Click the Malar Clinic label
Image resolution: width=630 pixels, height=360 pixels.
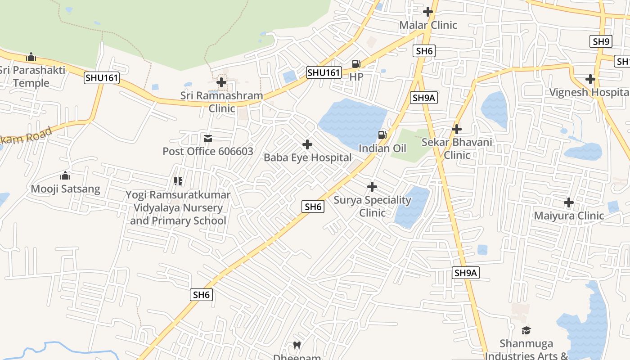(428, 25)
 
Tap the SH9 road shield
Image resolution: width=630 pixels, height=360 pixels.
(601, 42)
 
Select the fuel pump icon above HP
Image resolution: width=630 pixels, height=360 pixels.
(356, 64)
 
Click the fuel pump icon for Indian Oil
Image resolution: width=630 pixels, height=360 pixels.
(382, 135)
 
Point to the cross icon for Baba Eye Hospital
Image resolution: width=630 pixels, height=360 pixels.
(307, 144)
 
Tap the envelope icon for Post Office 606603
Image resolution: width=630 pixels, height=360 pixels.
(208, 138)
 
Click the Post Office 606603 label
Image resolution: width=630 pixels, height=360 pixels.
(208, 151)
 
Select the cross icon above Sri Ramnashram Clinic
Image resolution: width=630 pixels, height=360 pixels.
(221, 82)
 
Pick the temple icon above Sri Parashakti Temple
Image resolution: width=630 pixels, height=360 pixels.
(31, 57)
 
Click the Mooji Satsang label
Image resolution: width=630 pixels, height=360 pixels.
(65, 189)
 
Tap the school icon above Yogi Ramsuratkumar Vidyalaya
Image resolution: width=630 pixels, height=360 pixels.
(178, 181)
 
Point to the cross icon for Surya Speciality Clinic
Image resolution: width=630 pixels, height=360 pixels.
(372, 186)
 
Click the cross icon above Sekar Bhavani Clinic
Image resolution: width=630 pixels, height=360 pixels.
(457, 129)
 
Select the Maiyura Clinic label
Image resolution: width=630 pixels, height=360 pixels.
(569, 216)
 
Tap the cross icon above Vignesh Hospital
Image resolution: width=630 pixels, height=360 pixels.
(590, 79)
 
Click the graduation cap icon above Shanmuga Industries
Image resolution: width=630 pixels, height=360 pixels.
(526, 331)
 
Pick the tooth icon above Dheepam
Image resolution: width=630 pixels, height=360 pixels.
(297, 346)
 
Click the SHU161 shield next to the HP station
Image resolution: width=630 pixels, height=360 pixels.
(324, 72)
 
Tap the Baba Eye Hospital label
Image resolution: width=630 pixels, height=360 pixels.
(307, 157)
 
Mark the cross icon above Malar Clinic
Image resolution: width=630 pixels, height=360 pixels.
(428, 12)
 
